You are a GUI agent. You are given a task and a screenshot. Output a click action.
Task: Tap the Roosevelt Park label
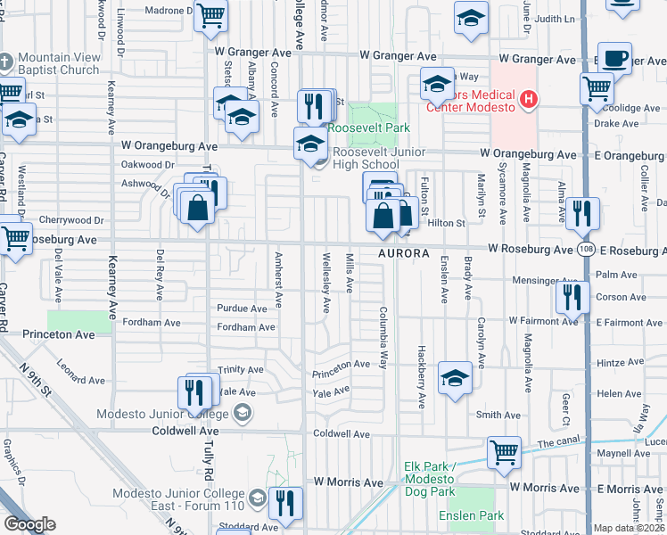pyautogui.click(x=369, y=128)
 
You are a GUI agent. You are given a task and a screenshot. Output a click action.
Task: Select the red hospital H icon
pyautogui.click(x=529, y=98)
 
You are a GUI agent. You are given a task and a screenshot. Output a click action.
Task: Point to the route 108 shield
pyautogui.click(x=585, y=251)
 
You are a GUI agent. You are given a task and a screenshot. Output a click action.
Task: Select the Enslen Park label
pyautogui.click(x=471, y=515)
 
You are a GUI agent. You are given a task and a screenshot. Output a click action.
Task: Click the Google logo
pyautogui.click(x=29, y=524)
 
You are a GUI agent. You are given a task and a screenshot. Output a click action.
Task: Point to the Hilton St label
pyautogui.click(x=447, y=223)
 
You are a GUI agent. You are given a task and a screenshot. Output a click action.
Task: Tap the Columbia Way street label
pyautogui.click(x=383, y=340)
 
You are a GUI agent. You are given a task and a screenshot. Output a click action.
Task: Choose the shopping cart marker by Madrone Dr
pyautogui.click(x=210, y=15)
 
